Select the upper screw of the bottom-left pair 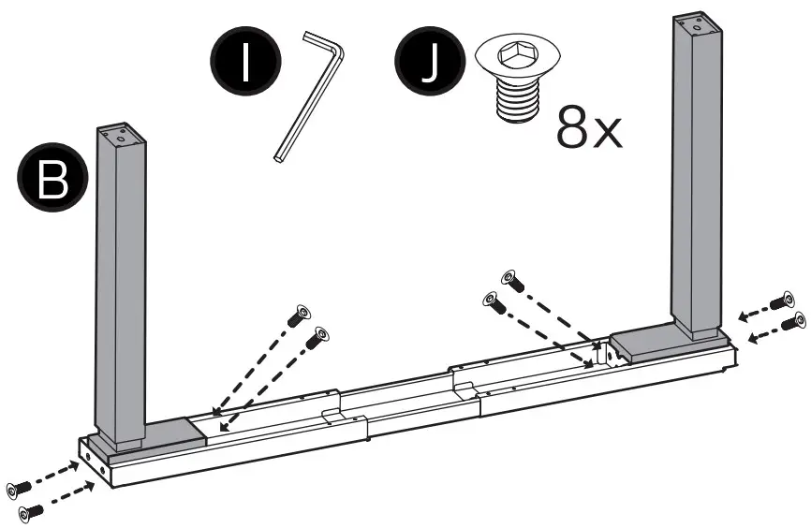(19, 488)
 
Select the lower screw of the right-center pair (493, 301)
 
